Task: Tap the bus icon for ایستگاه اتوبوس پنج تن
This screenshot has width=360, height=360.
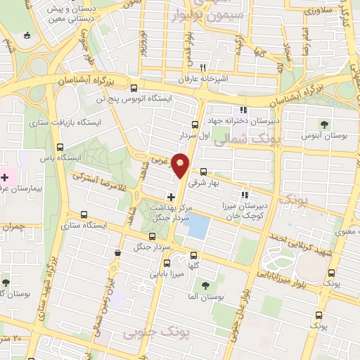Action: [134, 87]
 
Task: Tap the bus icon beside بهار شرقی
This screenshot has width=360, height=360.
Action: [203, 171]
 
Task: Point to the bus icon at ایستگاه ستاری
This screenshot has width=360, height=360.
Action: [84, 214]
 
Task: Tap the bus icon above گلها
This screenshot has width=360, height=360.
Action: [194, 255]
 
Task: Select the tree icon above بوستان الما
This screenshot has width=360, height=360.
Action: [205, 285]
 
